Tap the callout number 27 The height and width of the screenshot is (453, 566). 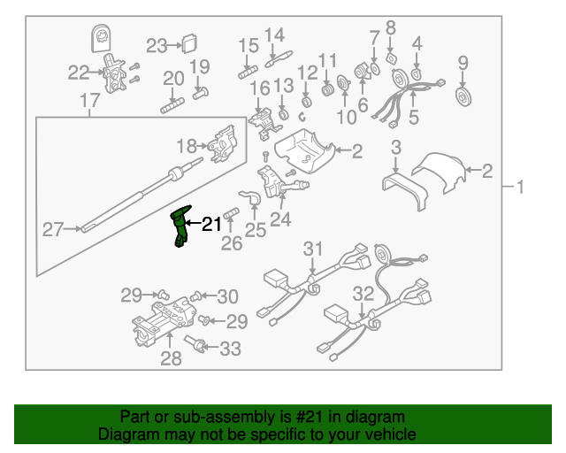click(x=54, y=230)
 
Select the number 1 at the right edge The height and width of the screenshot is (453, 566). click(x=521, y=187)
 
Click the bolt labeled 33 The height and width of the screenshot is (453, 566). click(x=195, y=344)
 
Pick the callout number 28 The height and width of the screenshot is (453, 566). click(x=171, y=358)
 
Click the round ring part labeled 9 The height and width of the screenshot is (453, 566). click(x=462, y=95)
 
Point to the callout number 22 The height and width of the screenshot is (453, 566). click(x=79, y=73)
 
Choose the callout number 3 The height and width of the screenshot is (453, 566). click(x=396, y=147)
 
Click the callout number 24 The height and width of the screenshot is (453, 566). click(x=280, y=219)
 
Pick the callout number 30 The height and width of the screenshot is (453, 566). click(x=227, y=296)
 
